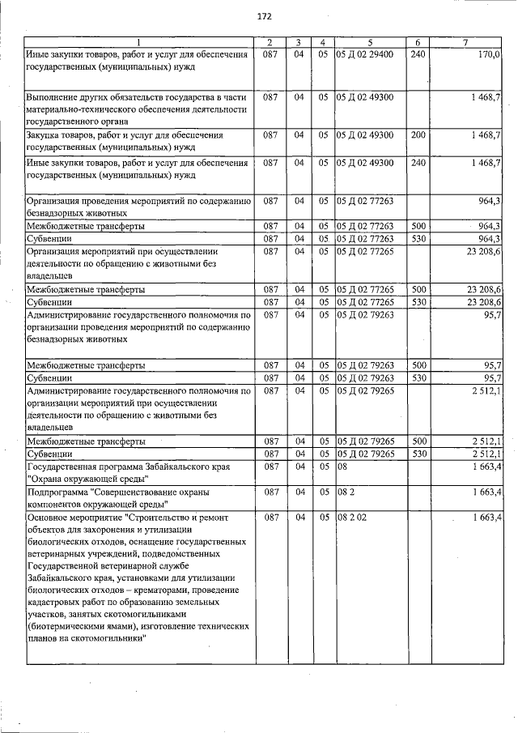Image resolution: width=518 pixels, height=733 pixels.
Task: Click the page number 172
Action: point(264,16)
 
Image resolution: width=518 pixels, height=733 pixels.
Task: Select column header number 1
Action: point(138,42)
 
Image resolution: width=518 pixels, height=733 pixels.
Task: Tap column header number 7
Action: point(465,42)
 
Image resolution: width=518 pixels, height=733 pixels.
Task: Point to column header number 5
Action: point(368,42)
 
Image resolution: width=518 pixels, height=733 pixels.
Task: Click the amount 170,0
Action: point(489,54)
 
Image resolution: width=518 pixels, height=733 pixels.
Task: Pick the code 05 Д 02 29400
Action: point(364,54)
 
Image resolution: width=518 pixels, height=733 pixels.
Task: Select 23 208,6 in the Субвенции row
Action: point(484,301)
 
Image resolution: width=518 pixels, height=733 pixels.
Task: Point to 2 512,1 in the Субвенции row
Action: point(486,454)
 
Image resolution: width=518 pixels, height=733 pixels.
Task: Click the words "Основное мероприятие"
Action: point(75,517)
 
